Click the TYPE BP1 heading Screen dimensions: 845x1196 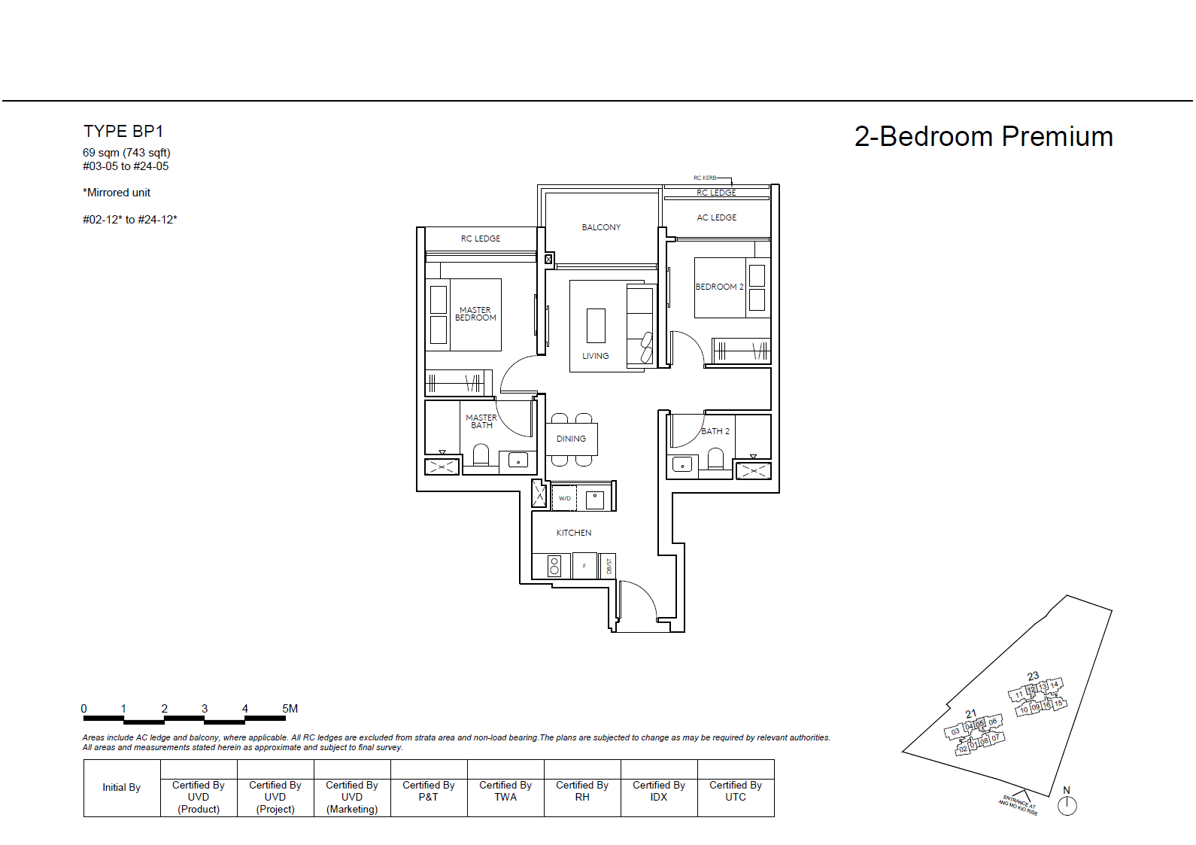tap(123, 132)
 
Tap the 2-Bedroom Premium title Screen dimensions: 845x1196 tap(983, 137)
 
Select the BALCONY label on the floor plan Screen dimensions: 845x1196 tap(601, 227)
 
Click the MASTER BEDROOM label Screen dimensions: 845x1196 tap(475, 314)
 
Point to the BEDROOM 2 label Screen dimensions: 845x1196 tap(719, 287)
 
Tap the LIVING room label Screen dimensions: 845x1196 tap(595, 356)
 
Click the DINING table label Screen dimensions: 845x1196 tap(571, 439)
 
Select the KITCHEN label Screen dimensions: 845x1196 tap(574, 533)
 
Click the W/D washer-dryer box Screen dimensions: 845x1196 tap(565, 498)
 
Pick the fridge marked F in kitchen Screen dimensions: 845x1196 tap(584, 566)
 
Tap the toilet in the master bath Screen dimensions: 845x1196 tap(481, 454)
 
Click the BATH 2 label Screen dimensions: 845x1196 tap(715, 431)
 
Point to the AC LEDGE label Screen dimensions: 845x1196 tap(716, 217)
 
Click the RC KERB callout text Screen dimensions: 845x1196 tap(705, 178)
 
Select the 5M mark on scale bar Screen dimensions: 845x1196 tap(290, 709)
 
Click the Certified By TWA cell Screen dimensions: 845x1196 tap(505, 791)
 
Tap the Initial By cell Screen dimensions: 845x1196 tap(122, 788)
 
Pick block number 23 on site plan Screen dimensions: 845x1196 tap(1033, 676)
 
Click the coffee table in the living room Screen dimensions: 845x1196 tap(596, 325)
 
